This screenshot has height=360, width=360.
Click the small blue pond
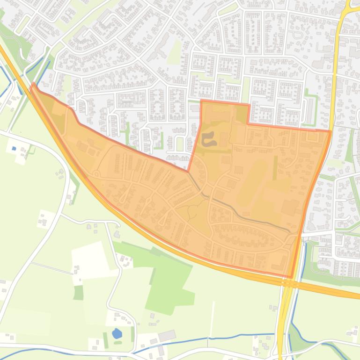[x=117, y=334]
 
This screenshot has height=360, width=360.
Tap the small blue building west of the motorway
[x=14, y=148]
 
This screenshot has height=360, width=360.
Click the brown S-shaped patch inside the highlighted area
[x=208, y=138]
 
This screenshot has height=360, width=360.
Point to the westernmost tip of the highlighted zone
[x=33, y=86]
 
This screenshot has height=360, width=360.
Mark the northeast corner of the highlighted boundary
[x=330, y=131]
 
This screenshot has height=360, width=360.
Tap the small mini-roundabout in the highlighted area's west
[x=96, y=174]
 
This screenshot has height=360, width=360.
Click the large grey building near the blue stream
[x=167, y=335]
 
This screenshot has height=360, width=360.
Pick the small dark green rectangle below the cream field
[x=78, y=293]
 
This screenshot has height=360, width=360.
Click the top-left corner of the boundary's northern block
[x=201, y=101]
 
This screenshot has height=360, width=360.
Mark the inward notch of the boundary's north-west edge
[x=189, y=171]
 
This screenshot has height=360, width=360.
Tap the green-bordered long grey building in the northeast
[x=309, y=108]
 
